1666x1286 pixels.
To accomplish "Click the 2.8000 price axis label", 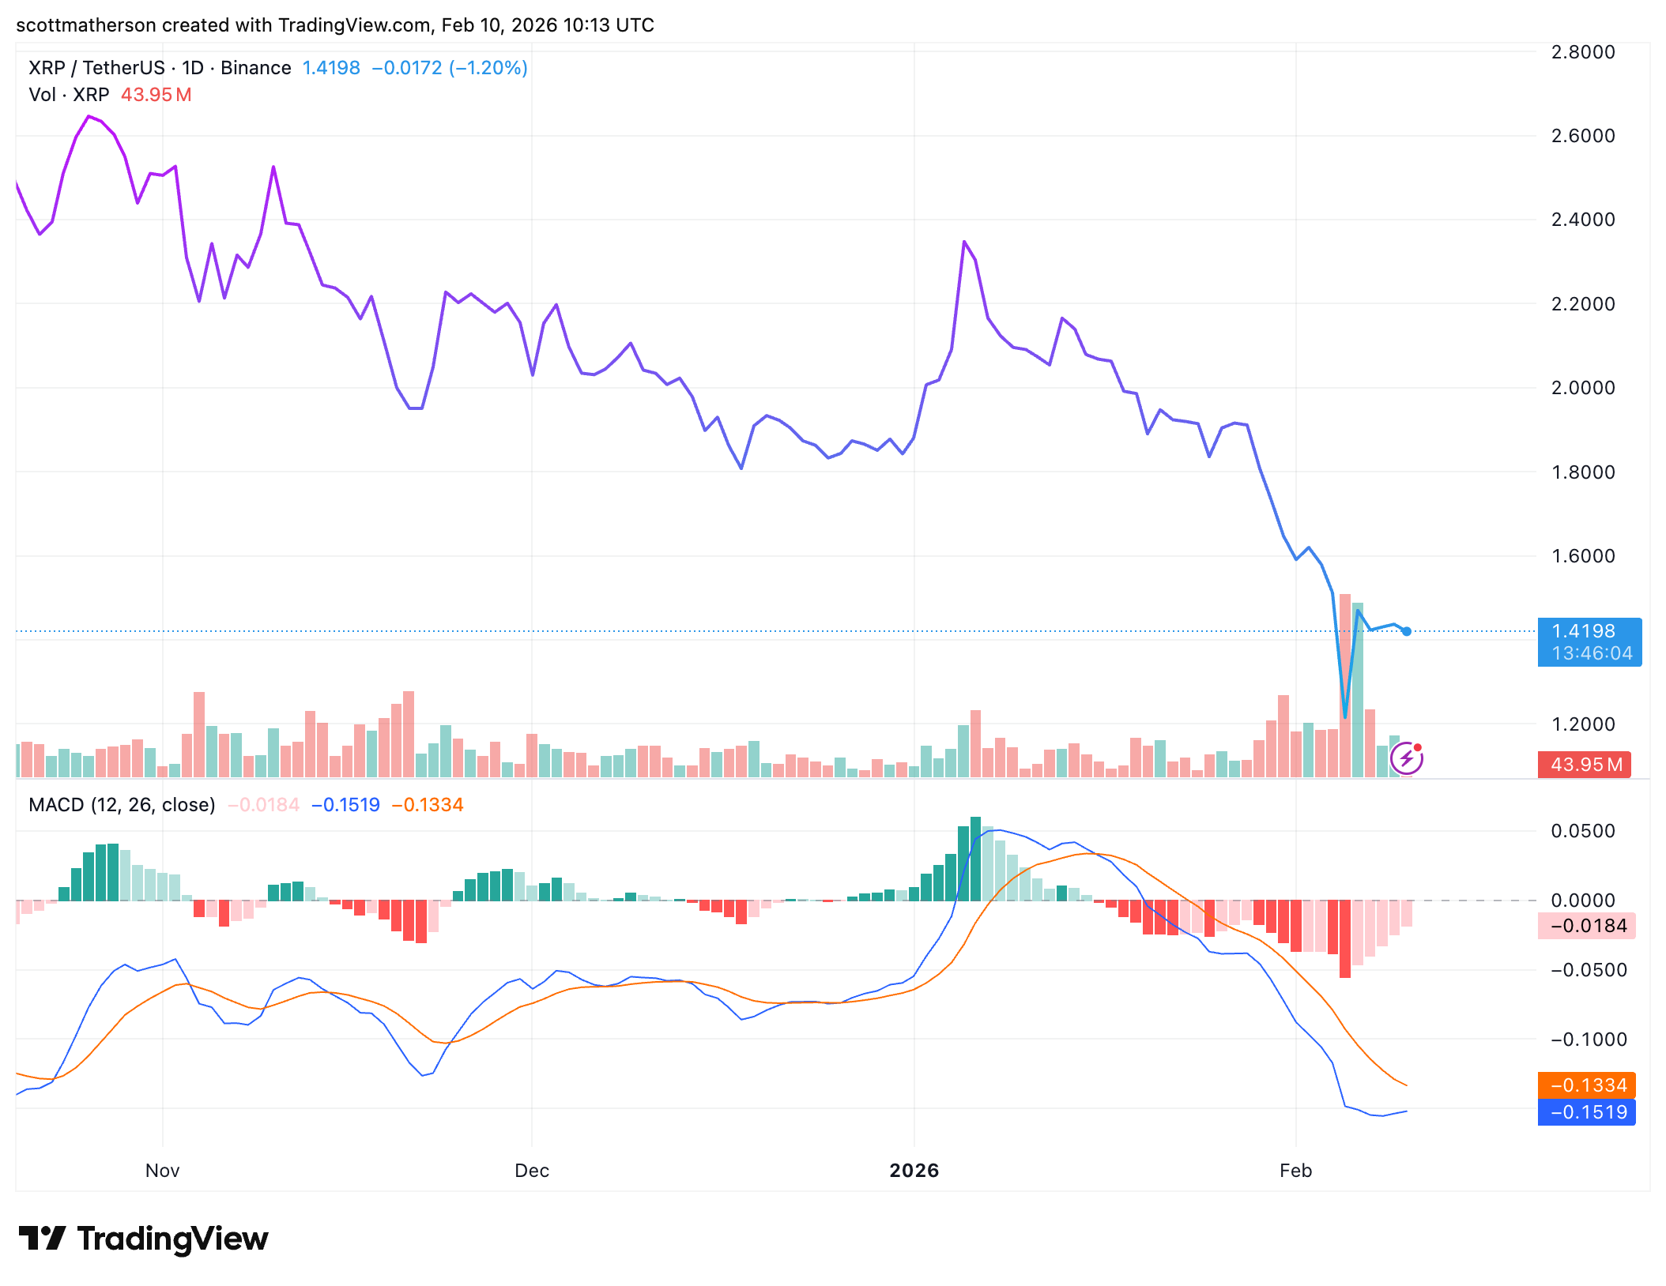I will tap(1582, 52).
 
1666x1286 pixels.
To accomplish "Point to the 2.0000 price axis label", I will tap(1582, 388).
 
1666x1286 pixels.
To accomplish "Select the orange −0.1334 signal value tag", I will tap(1586, 1085).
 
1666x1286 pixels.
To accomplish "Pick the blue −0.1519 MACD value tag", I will tap(1586, 1112).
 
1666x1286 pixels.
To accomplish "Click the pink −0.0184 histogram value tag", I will tap(1586, 926).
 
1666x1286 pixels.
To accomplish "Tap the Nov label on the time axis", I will tap(162, 1171).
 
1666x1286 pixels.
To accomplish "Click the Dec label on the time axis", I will tap(531, 1171).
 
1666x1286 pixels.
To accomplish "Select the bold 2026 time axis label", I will tap(914, 1171).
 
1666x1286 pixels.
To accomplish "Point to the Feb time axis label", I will tap(1295, 1171).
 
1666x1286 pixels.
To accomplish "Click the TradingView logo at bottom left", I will tap(143, 1239).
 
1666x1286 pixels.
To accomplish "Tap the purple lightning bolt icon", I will tap(1407, 759).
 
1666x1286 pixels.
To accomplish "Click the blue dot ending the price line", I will tap(1407, 631).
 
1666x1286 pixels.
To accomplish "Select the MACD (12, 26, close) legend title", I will tap(122, 805).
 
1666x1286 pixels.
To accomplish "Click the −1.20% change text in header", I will tap(488, 68).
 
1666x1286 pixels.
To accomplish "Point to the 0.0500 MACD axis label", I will tap(1582, 831).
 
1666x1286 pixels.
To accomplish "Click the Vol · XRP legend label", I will tap(69, 95).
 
